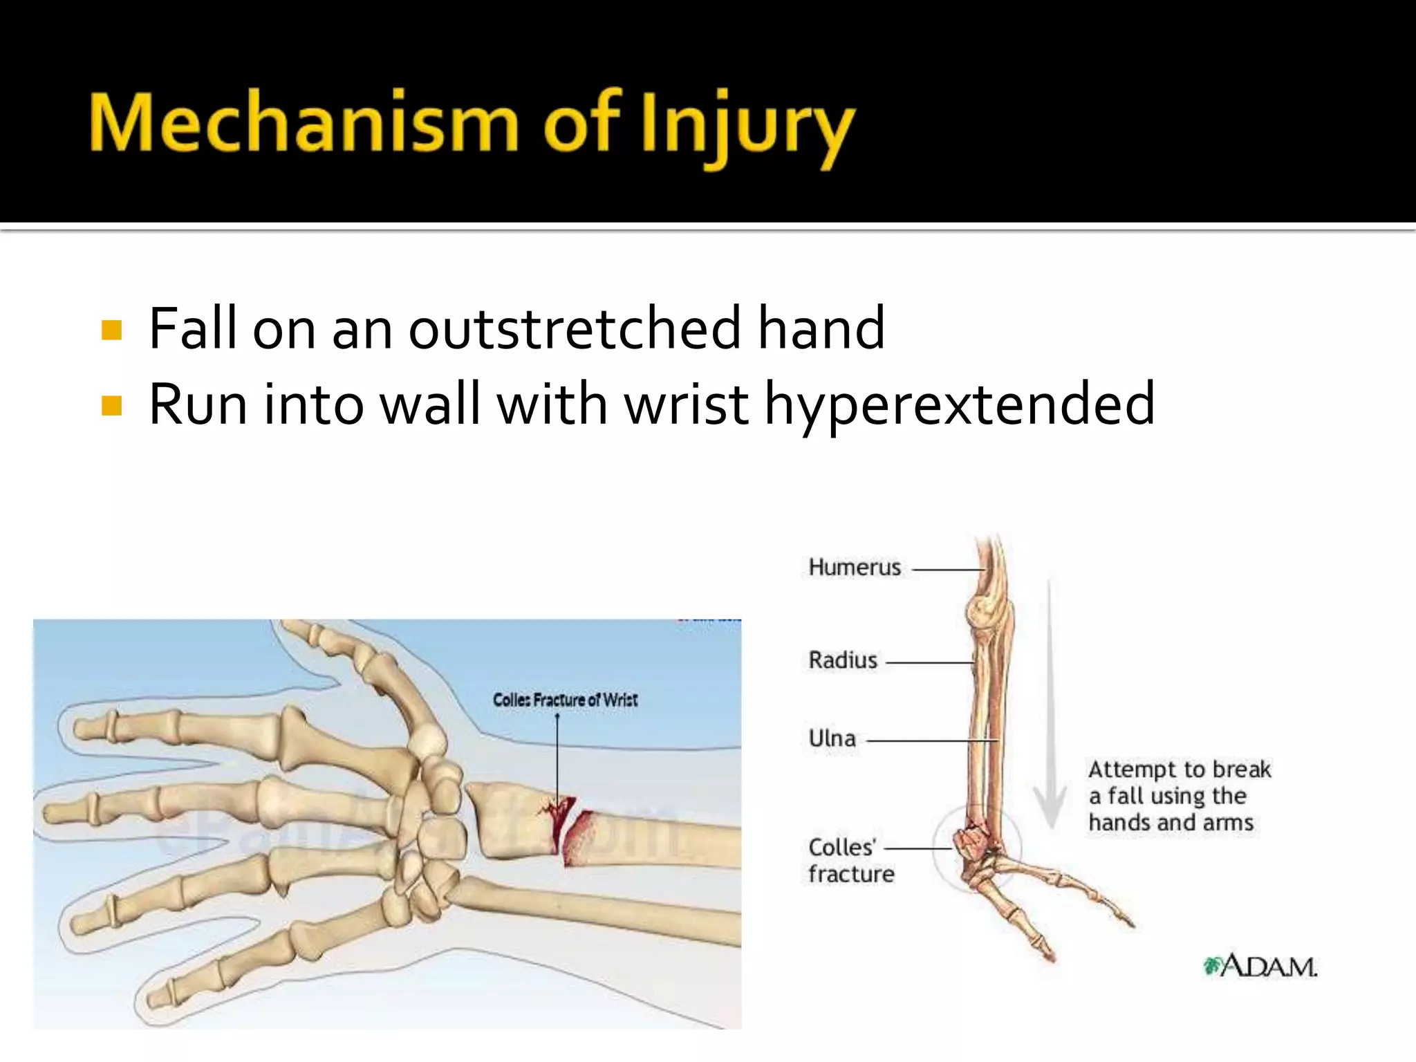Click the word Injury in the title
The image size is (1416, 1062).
[x=747, y=128]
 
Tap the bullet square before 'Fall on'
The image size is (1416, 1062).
[x=111, y=330]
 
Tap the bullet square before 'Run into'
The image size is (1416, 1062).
[x=111, y=406]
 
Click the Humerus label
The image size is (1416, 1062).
[x=855, y=568]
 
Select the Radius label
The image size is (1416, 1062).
[x=843, y=660]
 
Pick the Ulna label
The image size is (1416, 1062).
[x=832, y=738]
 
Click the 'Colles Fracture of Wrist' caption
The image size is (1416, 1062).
[x=565, y=700]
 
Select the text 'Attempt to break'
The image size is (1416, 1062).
[x=1180, y=770]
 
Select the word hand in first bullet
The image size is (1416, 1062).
[x=821, y=328]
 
